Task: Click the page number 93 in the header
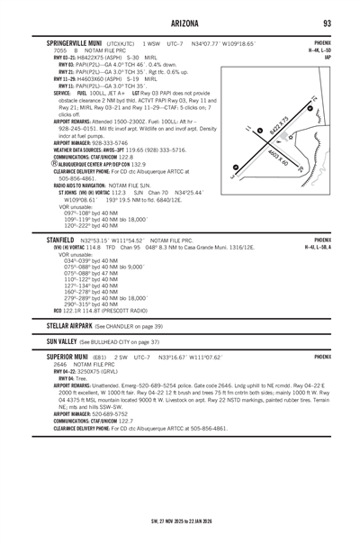pos(329,22)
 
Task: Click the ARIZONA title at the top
pos(180,22)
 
